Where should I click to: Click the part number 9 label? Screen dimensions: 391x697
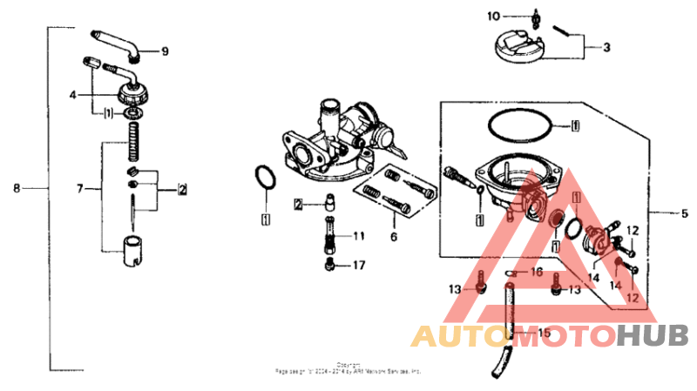click(x=165, y=51)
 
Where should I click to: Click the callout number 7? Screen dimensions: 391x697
click(x=80, y=187)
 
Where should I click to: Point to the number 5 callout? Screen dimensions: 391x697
click(x=684, y=212)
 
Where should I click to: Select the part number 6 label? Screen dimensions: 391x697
click(x=393, y=236)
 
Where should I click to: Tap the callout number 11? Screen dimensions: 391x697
click(x=360, y=236)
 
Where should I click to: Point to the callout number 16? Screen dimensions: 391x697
click(x=538, y=272)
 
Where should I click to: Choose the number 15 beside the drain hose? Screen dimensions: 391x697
click(x=544, y=333)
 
